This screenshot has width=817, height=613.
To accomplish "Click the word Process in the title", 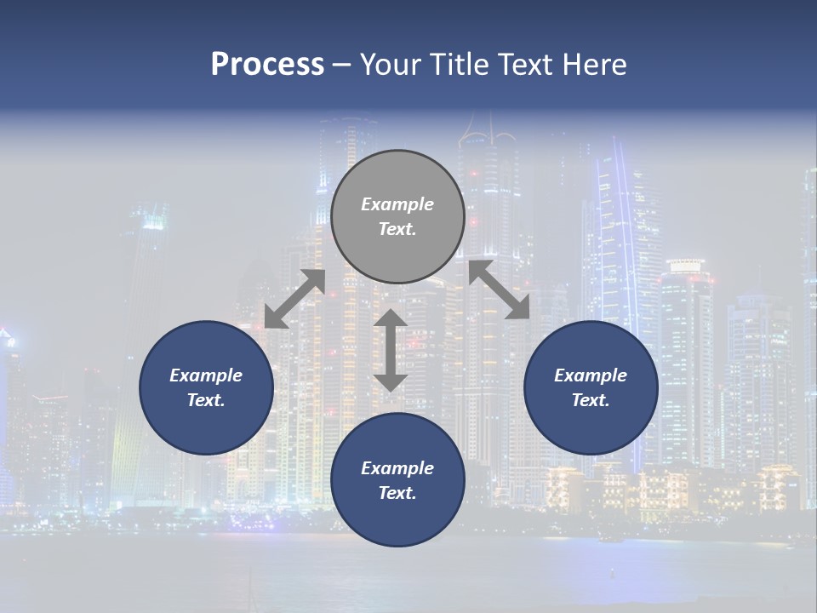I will click(x=267, y=65).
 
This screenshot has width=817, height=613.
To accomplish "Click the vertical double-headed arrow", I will click(x=391, y=350).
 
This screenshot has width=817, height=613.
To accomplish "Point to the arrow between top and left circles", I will click(x=294, y=299).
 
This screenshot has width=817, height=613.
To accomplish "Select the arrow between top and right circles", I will click(x=500, y=289).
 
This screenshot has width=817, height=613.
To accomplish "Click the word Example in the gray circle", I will click(x=397, y=204).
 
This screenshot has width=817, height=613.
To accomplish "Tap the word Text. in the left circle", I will click(x=206, y=400).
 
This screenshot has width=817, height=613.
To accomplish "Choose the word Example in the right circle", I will click(x=591, y=375).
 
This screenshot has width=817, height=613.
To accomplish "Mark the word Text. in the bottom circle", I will click(x=397, y=493).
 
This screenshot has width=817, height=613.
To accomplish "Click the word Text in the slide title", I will click(x=528, y=65).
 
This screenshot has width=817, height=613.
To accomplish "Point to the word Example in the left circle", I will click(x=206, y=375).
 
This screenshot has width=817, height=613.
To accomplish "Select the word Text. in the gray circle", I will click(x=397, y=229).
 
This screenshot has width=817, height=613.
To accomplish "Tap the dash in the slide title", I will click(x=342, y=65).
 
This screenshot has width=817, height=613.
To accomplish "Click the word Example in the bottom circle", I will click(x=397, y=468).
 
